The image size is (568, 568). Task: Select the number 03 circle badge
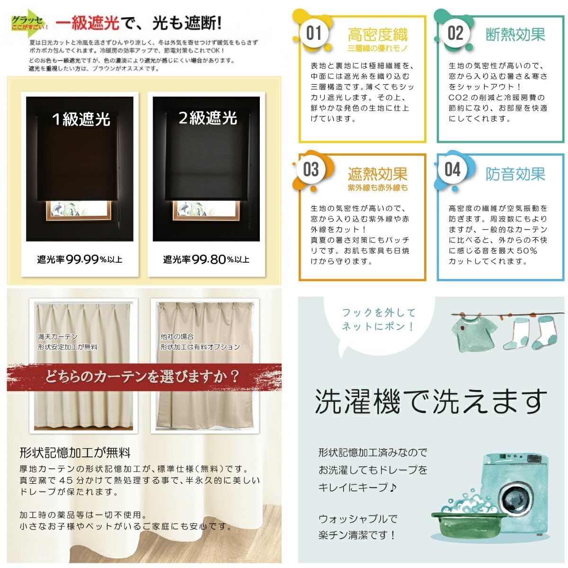(x=311, y=169)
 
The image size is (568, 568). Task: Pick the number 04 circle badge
(x=453, y=169)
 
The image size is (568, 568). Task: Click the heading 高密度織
(x=377, y=35)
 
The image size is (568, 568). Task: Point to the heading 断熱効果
(x=515, y=35)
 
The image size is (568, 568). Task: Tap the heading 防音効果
(x=515, y=174)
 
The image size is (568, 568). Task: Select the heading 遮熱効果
(x=377, y=174)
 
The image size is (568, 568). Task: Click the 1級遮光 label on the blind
(x=80, y=119)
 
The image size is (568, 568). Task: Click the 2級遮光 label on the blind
(x=207, y=118)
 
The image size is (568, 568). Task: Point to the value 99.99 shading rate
(x=82, y=259)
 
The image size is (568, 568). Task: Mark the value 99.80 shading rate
(x=209, y=259)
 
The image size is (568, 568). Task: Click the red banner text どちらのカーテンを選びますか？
(x=142, y=377)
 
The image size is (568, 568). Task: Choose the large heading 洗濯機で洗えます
(x=431, y=401)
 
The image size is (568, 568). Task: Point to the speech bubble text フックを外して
(x=379, y=312)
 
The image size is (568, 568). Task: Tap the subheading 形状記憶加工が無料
(x=75, y=453)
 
